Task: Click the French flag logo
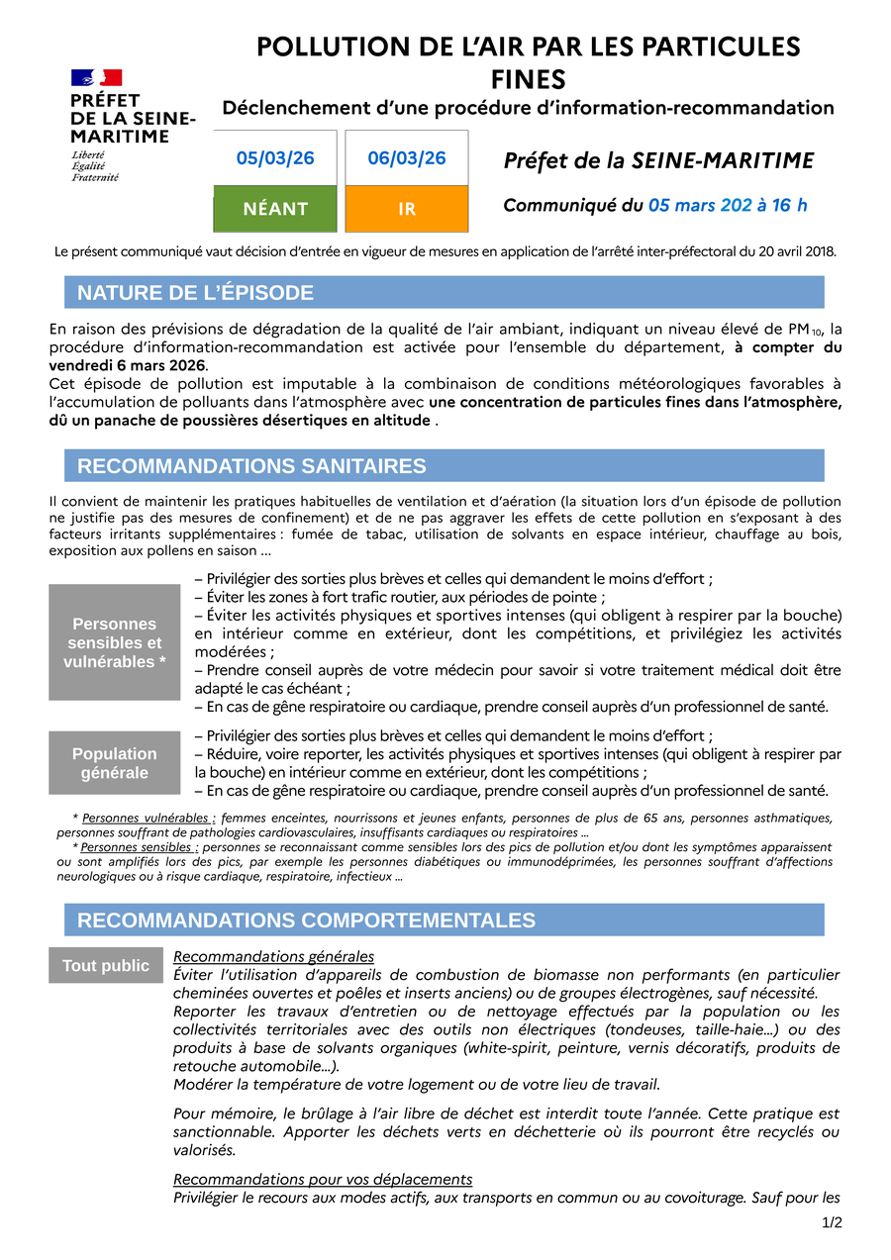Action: pyautogui.click(x=96, y=77)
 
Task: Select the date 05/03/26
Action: pyautogui.click(x=275, y=158)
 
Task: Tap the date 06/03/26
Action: pyautogui.click(x=407, y=158)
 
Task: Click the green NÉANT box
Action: pyautogui.click(x=275, y=209)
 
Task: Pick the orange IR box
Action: pyautogui.click(x=407, y=209)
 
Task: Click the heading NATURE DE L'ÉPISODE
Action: pyautogui.click(x=195, y=293)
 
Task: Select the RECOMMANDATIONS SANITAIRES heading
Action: pyautogui.click(x=251, y=466)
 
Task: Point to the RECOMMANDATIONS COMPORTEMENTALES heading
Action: pyautogui.click(x=306, y=921)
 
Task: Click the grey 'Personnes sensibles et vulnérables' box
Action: pyautogui.click(x=115, y=642)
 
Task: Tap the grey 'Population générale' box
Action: pyautogui.click(x=115, y=763)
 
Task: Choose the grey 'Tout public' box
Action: pyautogui.click(x=106, y=966)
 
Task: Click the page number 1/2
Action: pyautogui.click(x=832, y=1223)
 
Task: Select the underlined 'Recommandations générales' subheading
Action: pyautogui.click(x=273, y=956)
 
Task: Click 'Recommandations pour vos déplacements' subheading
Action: pyautogui.click(x=323, y=1179)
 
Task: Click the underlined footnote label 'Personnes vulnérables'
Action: pyautogui.click(x=148, y=819)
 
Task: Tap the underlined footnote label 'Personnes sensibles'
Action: pyautogui.click(x=139, y=848)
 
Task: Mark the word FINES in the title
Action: pyautogui.click(x=529, y=78)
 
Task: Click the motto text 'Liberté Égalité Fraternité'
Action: pyautogui.click(x=95, y=166)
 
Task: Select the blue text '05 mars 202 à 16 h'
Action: pyautogui.click(x=728, y=206)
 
